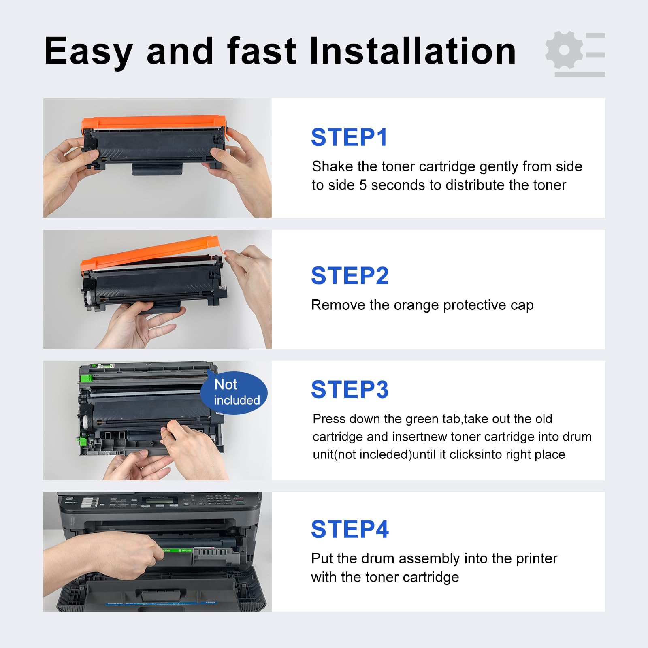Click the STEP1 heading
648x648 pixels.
point(349,137)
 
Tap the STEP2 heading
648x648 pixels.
point(350,276)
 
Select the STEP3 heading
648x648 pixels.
point(350,390)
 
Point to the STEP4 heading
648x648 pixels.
point(350,529)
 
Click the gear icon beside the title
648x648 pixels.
point(564,50)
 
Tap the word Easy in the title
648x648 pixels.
point(88,52)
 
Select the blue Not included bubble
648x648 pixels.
point(234,392)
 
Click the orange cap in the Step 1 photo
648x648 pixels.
point(154,122)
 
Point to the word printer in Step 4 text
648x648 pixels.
point(537,558)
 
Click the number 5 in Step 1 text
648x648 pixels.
point(362,185)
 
